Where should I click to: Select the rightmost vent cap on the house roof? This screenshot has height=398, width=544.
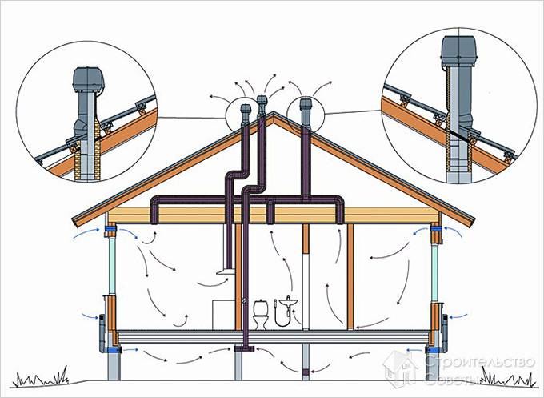pos(305,105)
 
